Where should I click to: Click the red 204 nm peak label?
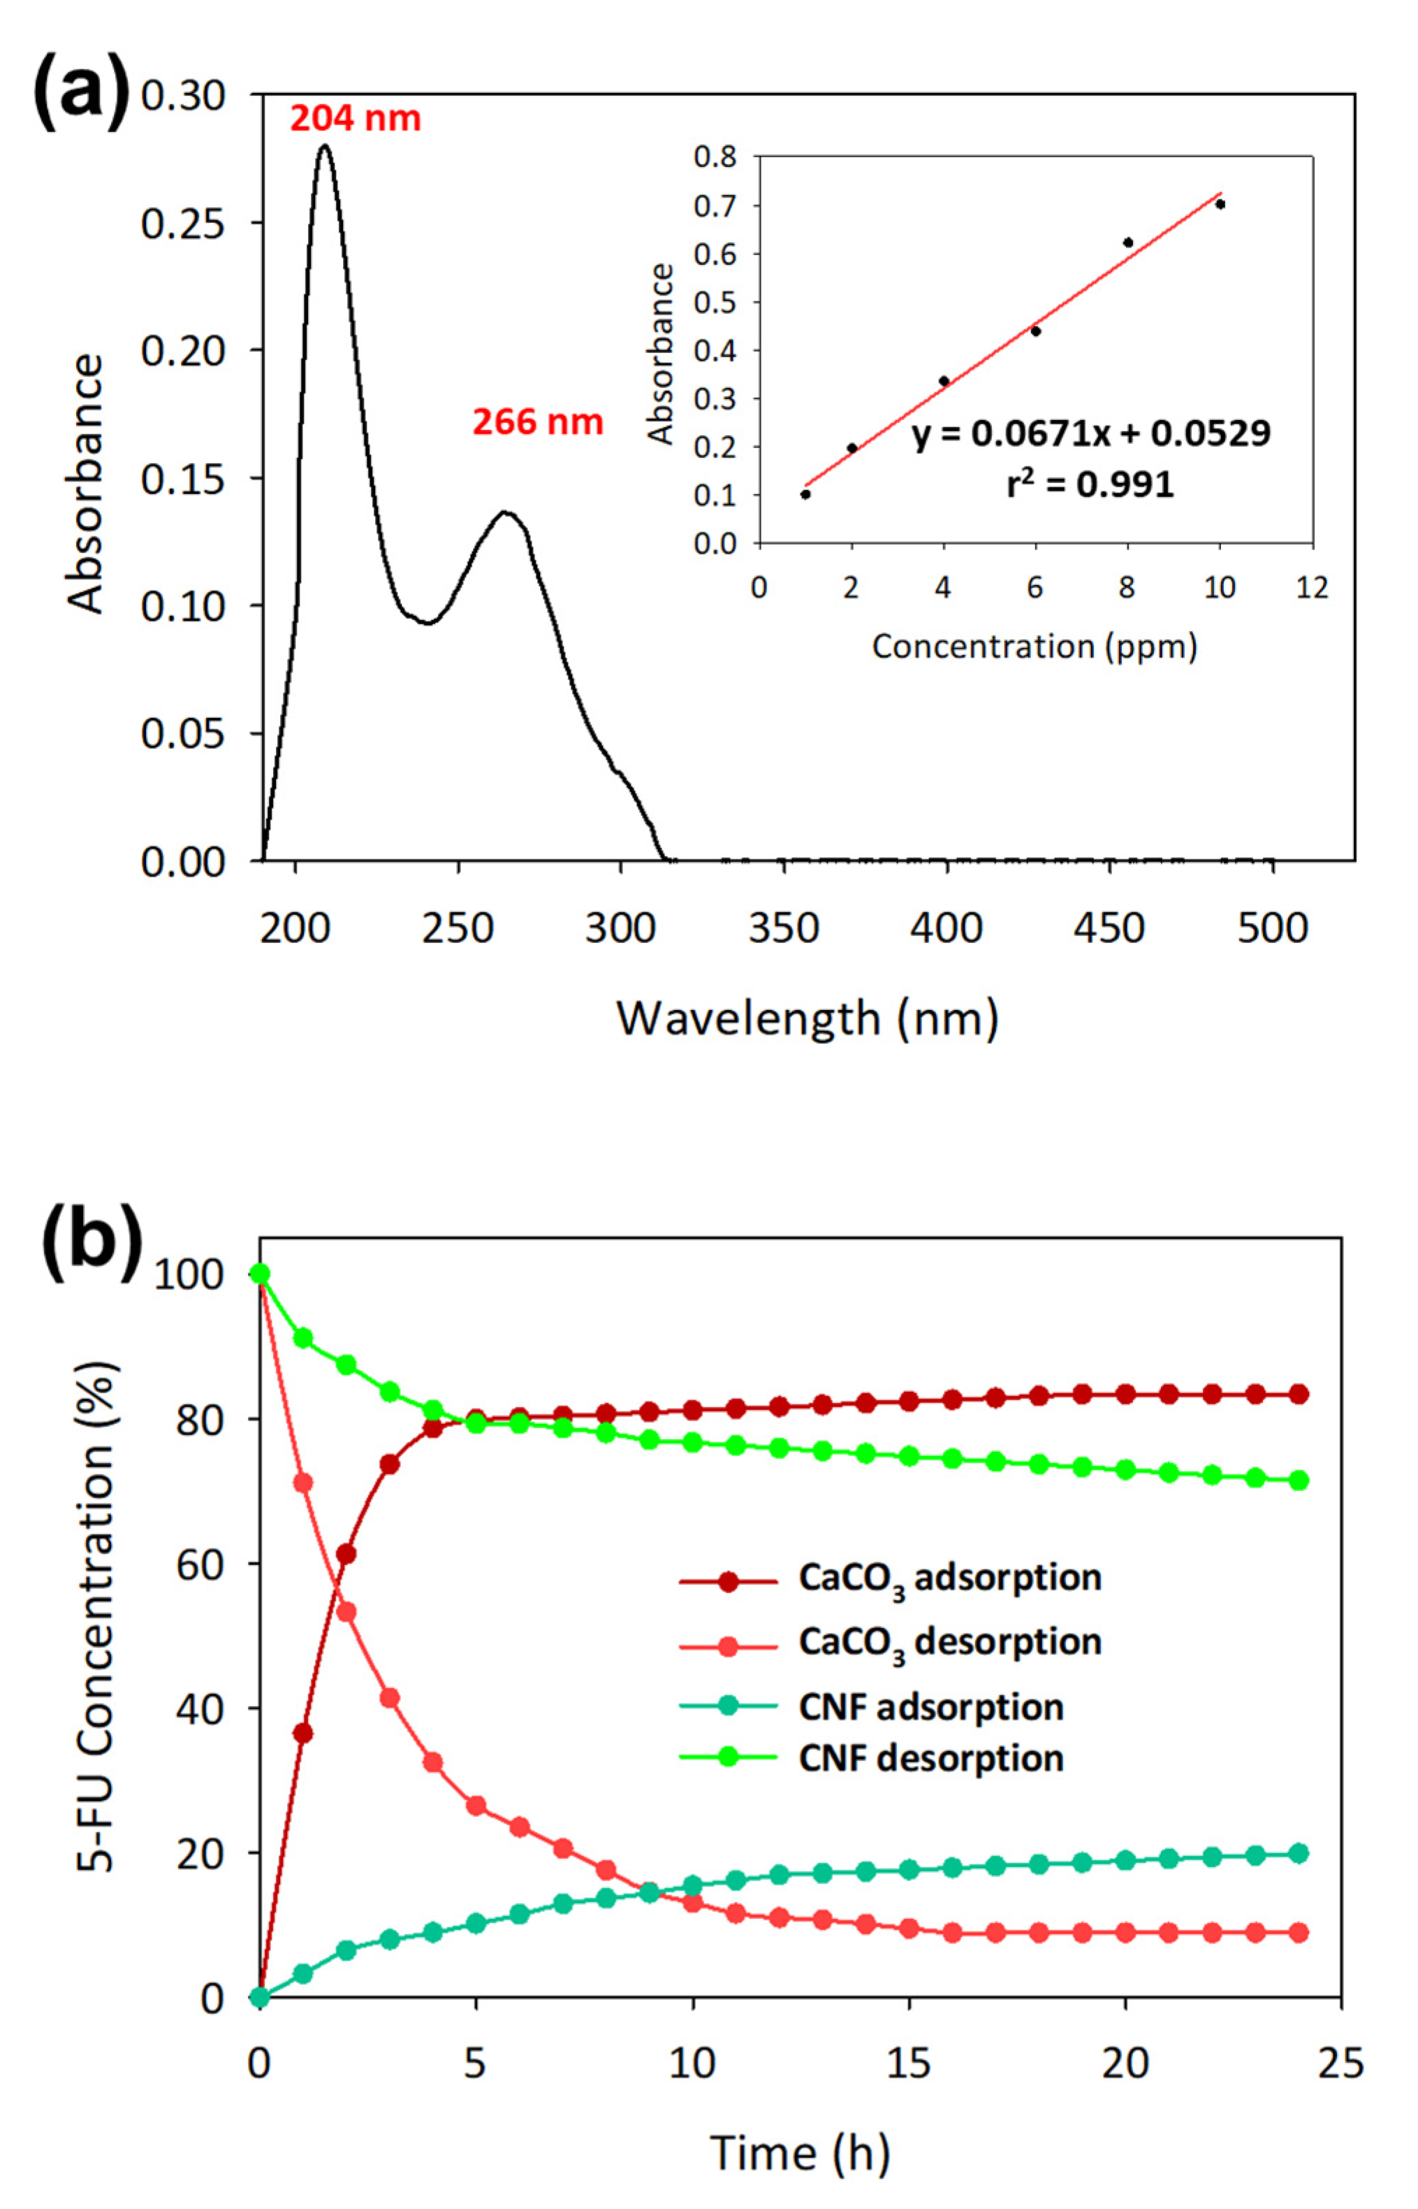pyautogui.click(x=355, y=119)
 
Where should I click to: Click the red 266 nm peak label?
pyautogui.click(x=538, y=422)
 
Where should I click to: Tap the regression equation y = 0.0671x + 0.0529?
pyautogui.click(x=1090, y=433)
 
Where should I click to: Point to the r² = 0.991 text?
pyautogui.click(x=1090, y=484)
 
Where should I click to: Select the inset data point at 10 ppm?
pyautogui.click(x=1220, y=203)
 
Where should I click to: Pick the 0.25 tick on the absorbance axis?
pyautogui.click(x=182, y=223)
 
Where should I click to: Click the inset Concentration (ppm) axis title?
pyautogui.click(x=1034, y=647)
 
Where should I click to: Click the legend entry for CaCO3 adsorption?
pyautogui.click(x=949, y=1578)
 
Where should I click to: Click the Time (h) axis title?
pyautogui.click(x=799, y=2153)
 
